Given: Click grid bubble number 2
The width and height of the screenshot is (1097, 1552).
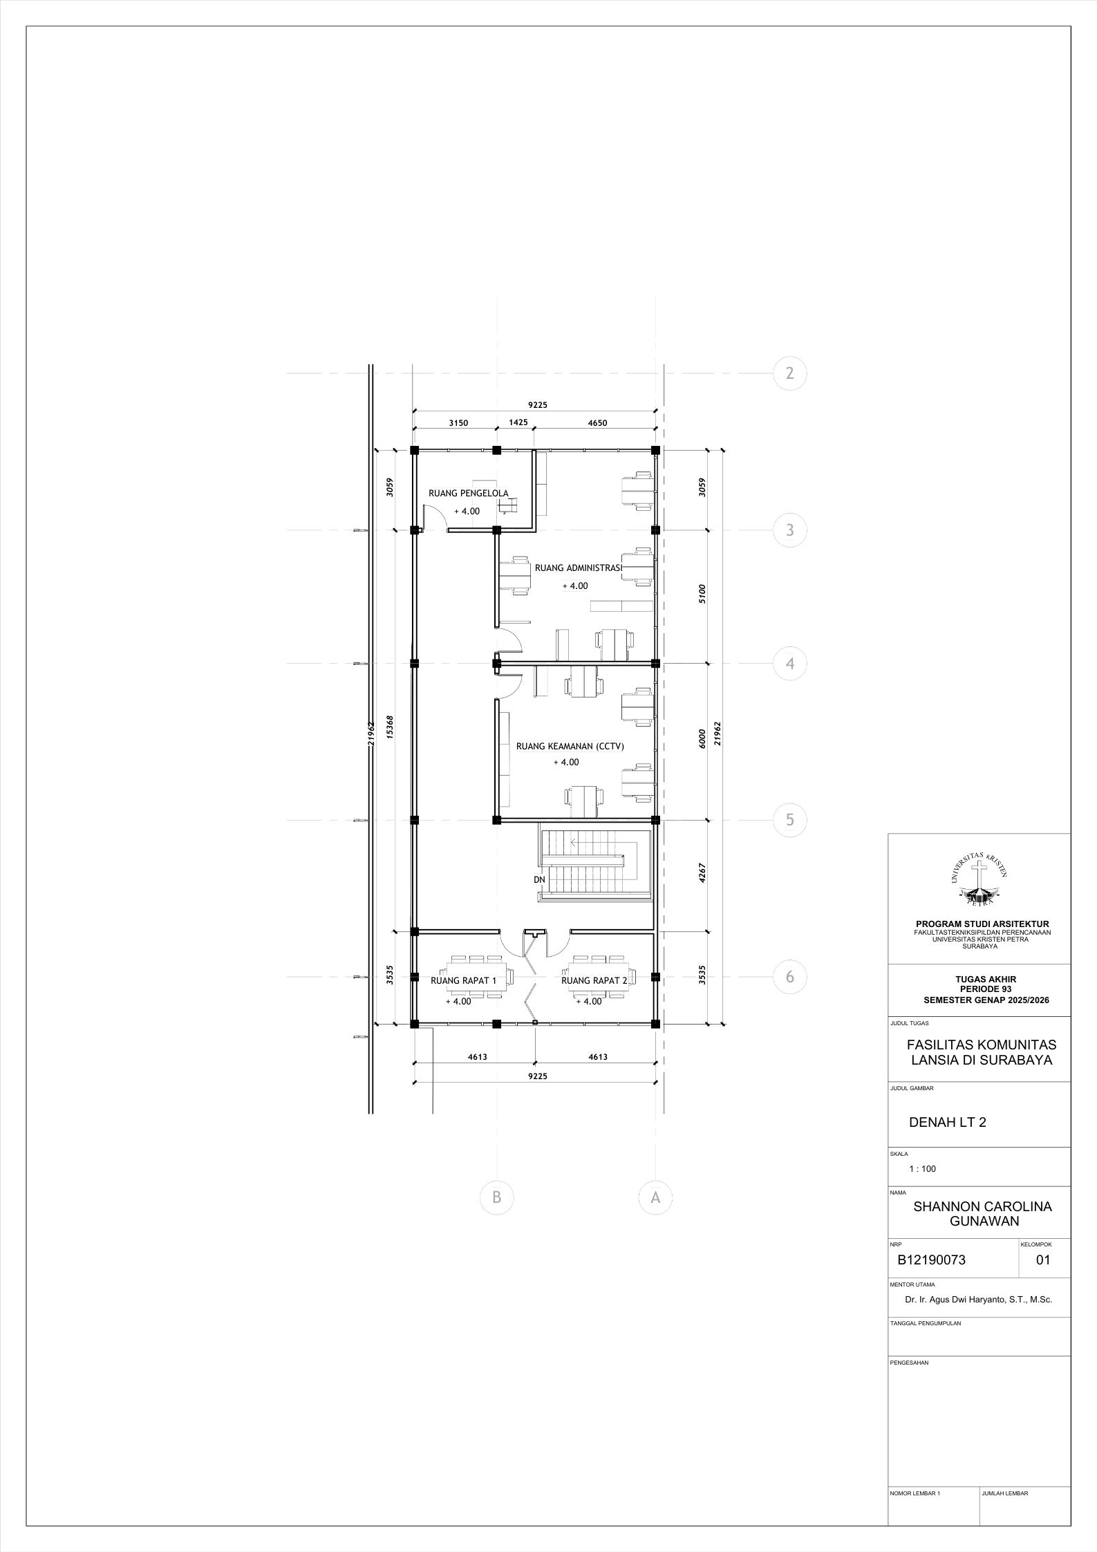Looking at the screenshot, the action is (x=790, y=373).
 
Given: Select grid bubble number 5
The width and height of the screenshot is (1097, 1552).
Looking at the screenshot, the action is (x=790, y=820).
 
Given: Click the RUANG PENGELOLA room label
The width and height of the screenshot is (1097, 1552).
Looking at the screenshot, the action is (x=469, y=494).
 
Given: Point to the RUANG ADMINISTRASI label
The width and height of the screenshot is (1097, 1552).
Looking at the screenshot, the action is (x=579, y=568).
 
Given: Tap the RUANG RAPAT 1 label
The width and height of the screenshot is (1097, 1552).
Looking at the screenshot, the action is (x=464, y=980).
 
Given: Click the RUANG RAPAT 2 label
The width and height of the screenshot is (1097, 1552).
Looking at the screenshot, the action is (x=594, y=980).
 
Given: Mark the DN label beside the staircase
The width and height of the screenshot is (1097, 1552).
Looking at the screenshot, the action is (x=539, y=880).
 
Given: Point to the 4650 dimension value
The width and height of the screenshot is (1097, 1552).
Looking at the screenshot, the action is (x=597, y=423).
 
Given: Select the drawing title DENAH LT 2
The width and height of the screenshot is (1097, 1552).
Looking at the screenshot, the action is (x=948, y=1122).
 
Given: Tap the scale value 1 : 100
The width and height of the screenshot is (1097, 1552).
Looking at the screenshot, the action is (x=922, y=1169).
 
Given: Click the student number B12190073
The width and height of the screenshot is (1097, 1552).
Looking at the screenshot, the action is (x=932, y=1260).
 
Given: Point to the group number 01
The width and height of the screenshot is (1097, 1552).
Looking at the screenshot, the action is (x=1043, y=1260).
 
